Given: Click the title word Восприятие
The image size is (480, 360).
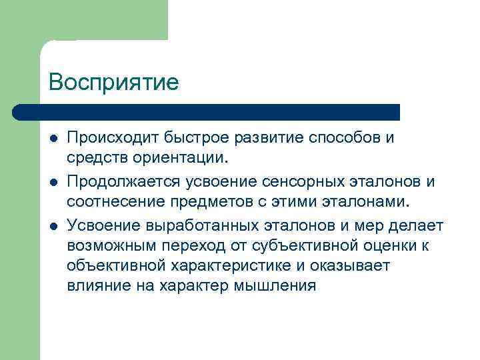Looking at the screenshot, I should [x=114, y=82].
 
